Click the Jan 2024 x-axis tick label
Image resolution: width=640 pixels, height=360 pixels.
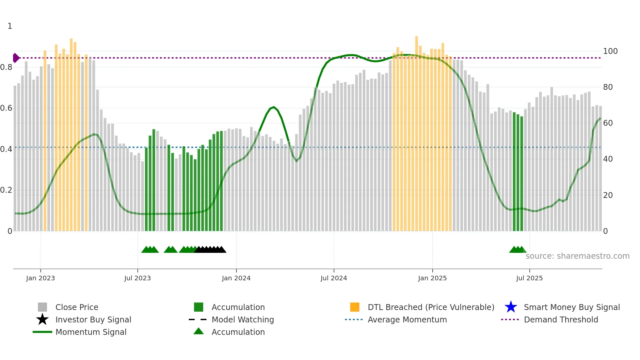pyautogui.click(x=236, y=278)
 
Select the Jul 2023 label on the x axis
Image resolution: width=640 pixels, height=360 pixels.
pyautogui.click(x=137, y=278)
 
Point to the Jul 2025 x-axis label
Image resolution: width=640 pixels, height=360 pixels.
pyautogui.click(x=529, y=278)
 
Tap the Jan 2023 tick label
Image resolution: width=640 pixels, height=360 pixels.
pyautogui.click(x=40, y=278)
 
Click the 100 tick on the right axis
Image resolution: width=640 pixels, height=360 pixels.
pyautogui.click(x=610, y=51)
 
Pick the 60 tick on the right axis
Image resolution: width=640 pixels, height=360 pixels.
pyautogui.click(x=608, y=123)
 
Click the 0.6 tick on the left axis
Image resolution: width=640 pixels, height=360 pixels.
pyautogui.click(x=6, y=108)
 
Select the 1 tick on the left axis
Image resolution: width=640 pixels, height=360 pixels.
pyautogui.click(x=10, y=26)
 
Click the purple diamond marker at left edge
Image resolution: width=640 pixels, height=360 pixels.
pyautogui.click(x=16, y=58)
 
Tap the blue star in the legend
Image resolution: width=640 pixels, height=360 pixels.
pyautogui.click(x=511, y=307)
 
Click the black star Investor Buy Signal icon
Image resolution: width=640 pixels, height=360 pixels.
pyautogui.click(x=42, y=319)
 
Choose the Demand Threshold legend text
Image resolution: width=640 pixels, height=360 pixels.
pyautogui.click(x=561, y=319)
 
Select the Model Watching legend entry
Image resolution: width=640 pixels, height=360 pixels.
pyautogui.click(x=242, y=319)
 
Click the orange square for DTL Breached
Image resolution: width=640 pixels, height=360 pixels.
pyautogui.click(x=355, y=307)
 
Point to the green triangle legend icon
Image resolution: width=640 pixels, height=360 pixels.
pyautogui.click(x=199, y=332)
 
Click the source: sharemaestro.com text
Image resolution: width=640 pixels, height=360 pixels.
pyautogui.click(x=577, y=256)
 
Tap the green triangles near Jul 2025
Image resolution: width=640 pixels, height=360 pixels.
pyautogui.click(x=517, y=250)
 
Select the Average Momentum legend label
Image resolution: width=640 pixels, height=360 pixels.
pyautogui.click(x=407, y=319)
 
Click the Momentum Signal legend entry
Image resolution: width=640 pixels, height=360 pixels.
pyautogui.click(x=91, y=332)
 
